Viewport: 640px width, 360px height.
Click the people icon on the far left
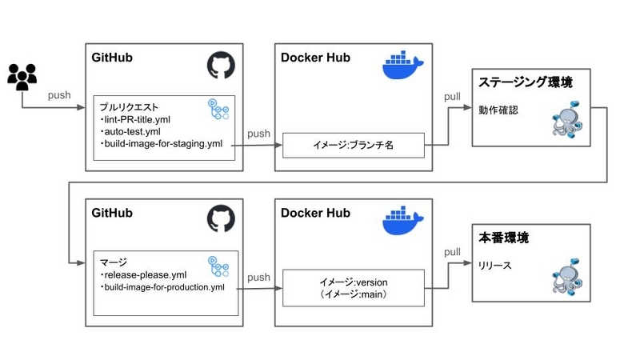[x=22, y=76]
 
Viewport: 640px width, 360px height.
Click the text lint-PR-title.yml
[x=137, y=118]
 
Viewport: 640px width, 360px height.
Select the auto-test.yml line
[x=131, y=131]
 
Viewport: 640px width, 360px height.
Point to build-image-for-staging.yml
[x=161, y=144]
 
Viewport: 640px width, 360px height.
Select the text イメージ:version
[x=353, y=282]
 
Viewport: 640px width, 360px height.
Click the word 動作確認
[x=498, y=110]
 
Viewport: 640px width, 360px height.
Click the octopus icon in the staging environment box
[x=570, y=122]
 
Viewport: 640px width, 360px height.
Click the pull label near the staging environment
[x=452, y=97]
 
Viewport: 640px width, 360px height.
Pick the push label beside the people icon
[x=59, y=95]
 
